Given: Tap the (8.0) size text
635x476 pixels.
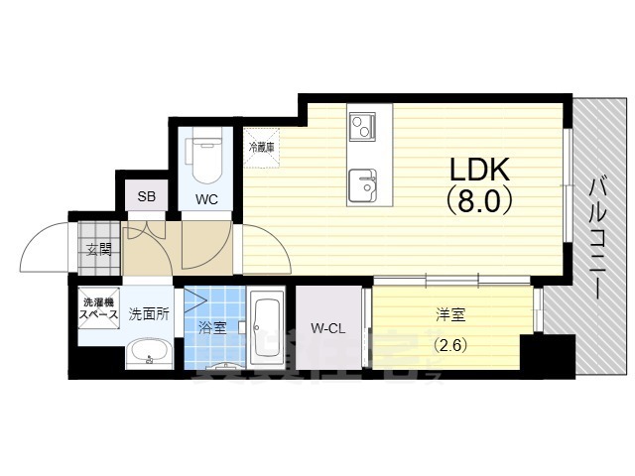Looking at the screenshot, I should (x=479, y=201).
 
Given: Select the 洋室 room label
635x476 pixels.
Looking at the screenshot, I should (x=450, y=316).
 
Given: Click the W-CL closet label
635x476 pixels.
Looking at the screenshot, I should (x=326, y=328).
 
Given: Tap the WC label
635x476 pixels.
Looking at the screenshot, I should (x=206, y=198).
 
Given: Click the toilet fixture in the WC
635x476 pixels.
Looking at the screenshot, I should (x=206, y=159).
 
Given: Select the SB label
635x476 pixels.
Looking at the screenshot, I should (x=146, y=195).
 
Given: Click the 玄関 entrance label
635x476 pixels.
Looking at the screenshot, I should (x=98, y=248).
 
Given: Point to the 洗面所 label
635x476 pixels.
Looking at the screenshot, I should (x=149, y=315).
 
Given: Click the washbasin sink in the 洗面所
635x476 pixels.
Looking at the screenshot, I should (x=149, y=352).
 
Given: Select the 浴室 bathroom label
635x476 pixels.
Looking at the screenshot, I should (x=211, y=327).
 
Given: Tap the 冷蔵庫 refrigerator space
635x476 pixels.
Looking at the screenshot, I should (x=262, y=146).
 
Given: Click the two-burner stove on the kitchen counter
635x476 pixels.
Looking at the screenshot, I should (x=360, y=126).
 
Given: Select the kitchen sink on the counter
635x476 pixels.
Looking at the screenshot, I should (x=362, y=182).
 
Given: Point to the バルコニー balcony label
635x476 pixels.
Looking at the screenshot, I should (x=598, y=239).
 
